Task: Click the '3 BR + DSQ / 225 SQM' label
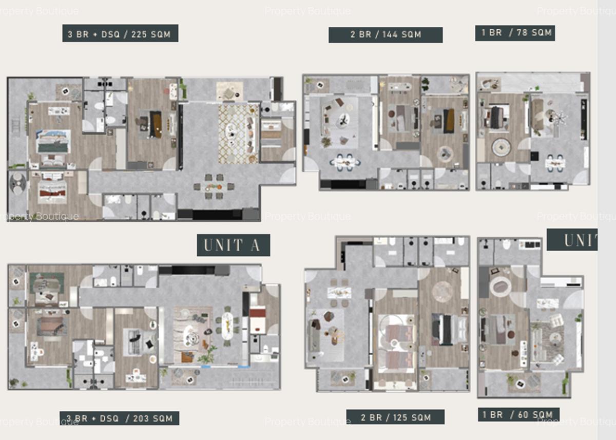click(x=120, y=34)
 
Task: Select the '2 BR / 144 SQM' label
click(x=386, y=35)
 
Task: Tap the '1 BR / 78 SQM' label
click(x=515, y=33)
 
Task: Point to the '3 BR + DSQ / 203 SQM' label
click(x=120, y=418)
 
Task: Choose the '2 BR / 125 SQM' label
click(x=395, y=417)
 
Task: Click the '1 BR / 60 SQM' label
click(x=518, y=414)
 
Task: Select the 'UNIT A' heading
click(x=234, y=245)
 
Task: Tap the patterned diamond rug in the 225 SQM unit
click(x=238, y=134)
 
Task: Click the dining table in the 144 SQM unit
click(x=345, y=162)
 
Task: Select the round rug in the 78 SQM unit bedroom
click(x=501, y=147)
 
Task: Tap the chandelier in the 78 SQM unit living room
click(x=557, y=118)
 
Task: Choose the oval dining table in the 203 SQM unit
click(x=227, y=326)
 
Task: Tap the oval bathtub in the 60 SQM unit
click(x=500, y=286)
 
